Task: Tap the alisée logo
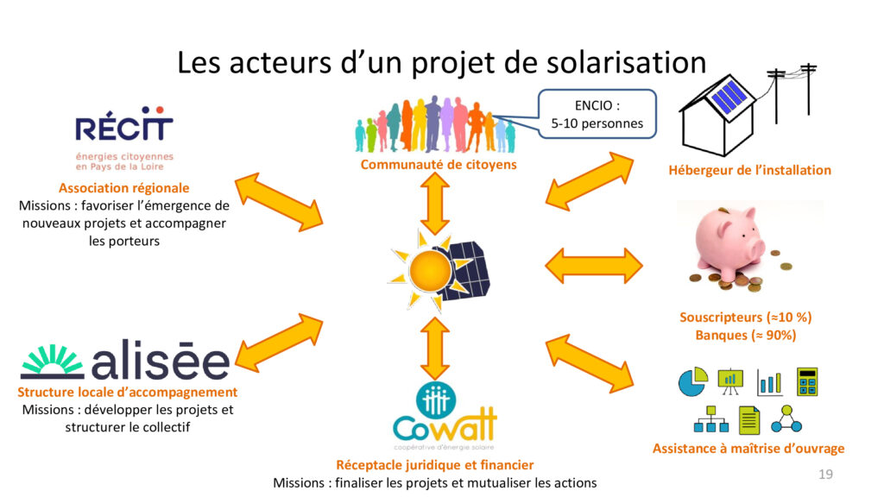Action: point(125,363)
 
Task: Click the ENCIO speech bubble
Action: point(597,114)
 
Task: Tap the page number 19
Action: point(825,475)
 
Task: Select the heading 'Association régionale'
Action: point(123,187)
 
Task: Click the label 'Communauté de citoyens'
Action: point(439,164)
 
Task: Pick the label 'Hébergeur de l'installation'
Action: point(749,170)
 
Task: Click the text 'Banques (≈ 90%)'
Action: point(746,335)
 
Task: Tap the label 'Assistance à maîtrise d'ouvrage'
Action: point(748,448)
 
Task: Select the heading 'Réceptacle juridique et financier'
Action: point(434,465)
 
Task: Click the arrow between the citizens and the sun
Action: point(433,203)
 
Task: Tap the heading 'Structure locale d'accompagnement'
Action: point(127,393)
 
